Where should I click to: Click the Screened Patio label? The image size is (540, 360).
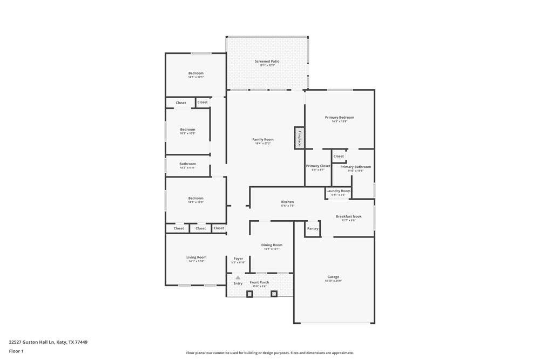coord(267,62)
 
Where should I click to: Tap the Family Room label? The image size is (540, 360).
coord(262,140)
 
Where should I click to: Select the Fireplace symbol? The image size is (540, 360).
coord(300,138)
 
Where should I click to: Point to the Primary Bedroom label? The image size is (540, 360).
coord(339,118)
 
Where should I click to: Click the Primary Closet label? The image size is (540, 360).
coord(318,166)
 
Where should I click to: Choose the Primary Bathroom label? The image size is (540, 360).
coord(355,167)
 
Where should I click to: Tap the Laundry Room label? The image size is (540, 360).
coord(338,191)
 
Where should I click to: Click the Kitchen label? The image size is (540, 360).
coord(287,202)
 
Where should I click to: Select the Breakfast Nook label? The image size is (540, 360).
coord(348,216)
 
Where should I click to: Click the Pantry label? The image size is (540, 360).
coord(313,228)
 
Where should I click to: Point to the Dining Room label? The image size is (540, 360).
coord(272,245)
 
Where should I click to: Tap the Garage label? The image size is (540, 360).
coord(333,277)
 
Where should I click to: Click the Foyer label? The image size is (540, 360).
coord(238,259)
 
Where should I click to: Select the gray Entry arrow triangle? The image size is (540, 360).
coord(238,277)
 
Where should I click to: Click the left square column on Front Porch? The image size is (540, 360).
coord(249,294)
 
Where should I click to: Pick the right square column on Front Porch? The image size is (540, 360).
coord(274,294)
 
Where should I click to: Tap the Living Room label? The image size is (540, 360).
coord(196,257)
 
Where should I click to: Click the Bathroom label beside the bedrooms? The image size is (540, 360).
coord(187,164)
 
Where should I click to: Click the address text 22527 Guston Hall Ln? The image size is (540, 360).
coord(32,342)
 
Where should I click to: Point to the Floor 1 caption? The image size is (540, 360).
coord(16,351)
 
